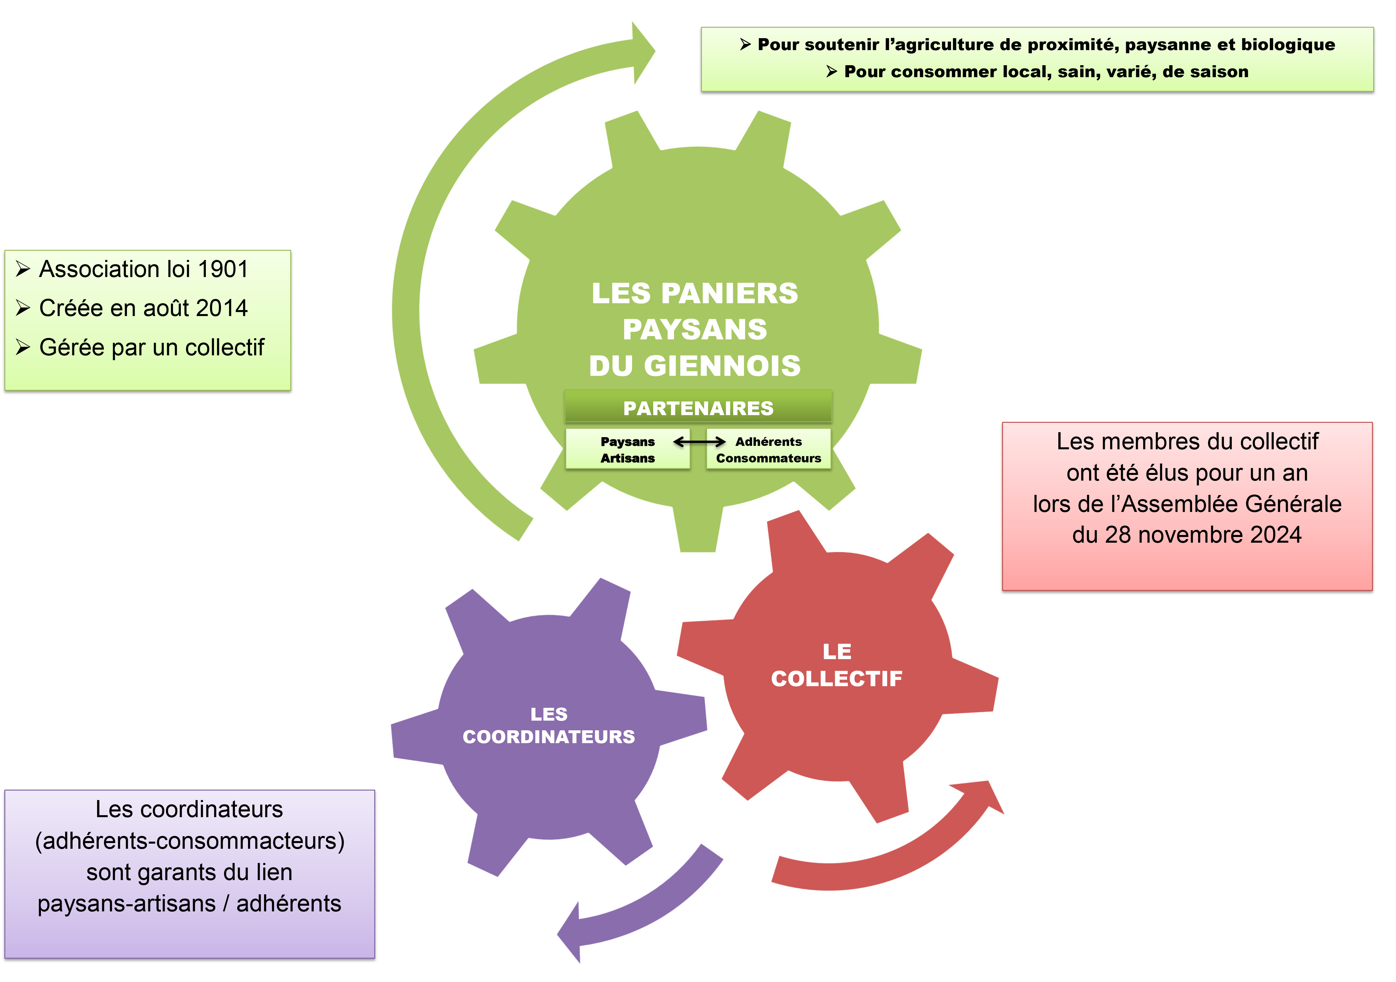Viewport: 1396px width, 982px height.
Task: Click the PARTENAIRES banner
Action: click(x=698, y=408)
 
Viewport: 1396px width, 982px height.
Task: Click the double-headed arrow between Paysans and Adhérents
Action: click(x=699, y=441)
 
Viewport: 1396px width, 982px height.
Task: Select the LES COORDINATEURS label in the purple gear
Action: click(x=548, y=725)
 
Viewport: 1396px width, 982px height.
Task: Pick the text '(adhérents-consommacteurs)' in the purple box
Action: click(x=190, y=841)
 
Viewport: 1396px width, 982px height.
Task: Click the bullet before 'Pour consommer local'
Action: click(x=832, y=72)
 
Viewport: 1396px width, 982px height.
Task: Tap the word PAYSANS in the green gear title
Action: click(x=695, y=329)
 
